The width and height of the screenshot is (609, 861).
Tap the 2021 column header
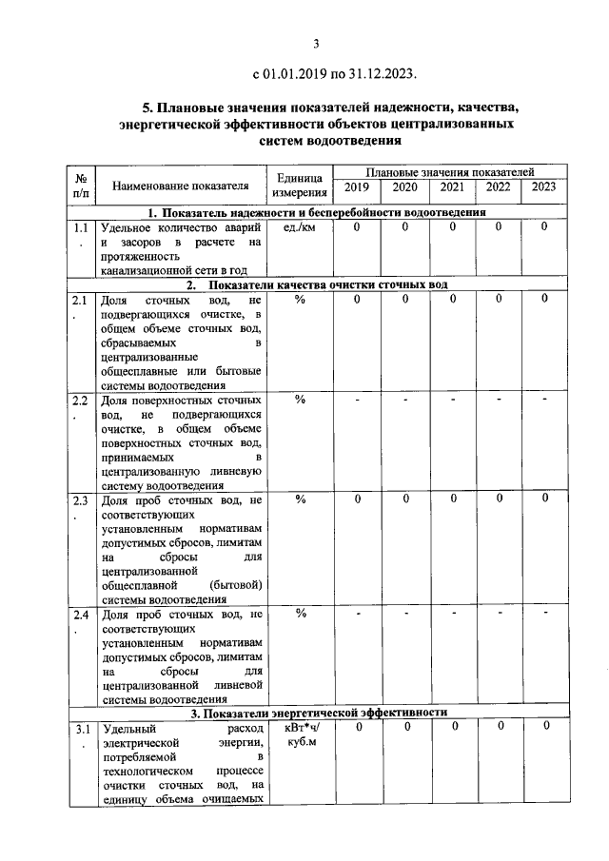pos(453,186)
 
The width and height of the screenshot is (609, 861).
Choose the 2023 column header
pos(543,186)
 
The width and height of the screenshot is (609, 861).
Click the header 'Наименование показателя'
pos(180,185)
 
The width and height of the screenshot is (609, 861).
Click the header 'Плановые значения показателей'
pos(449,169)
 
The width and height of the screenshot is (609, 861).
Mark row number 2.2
pos(81,401)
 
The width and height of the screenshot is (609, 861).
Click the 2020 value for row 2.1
pos(404,300)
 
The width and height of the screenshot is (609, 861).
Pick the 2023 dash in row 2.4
pos(544,614)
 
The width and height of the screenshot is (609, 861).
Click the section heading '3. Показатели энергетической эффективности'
pos(317,713)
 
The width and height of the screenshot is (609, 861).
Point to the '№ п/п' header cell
pos(82,185)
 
